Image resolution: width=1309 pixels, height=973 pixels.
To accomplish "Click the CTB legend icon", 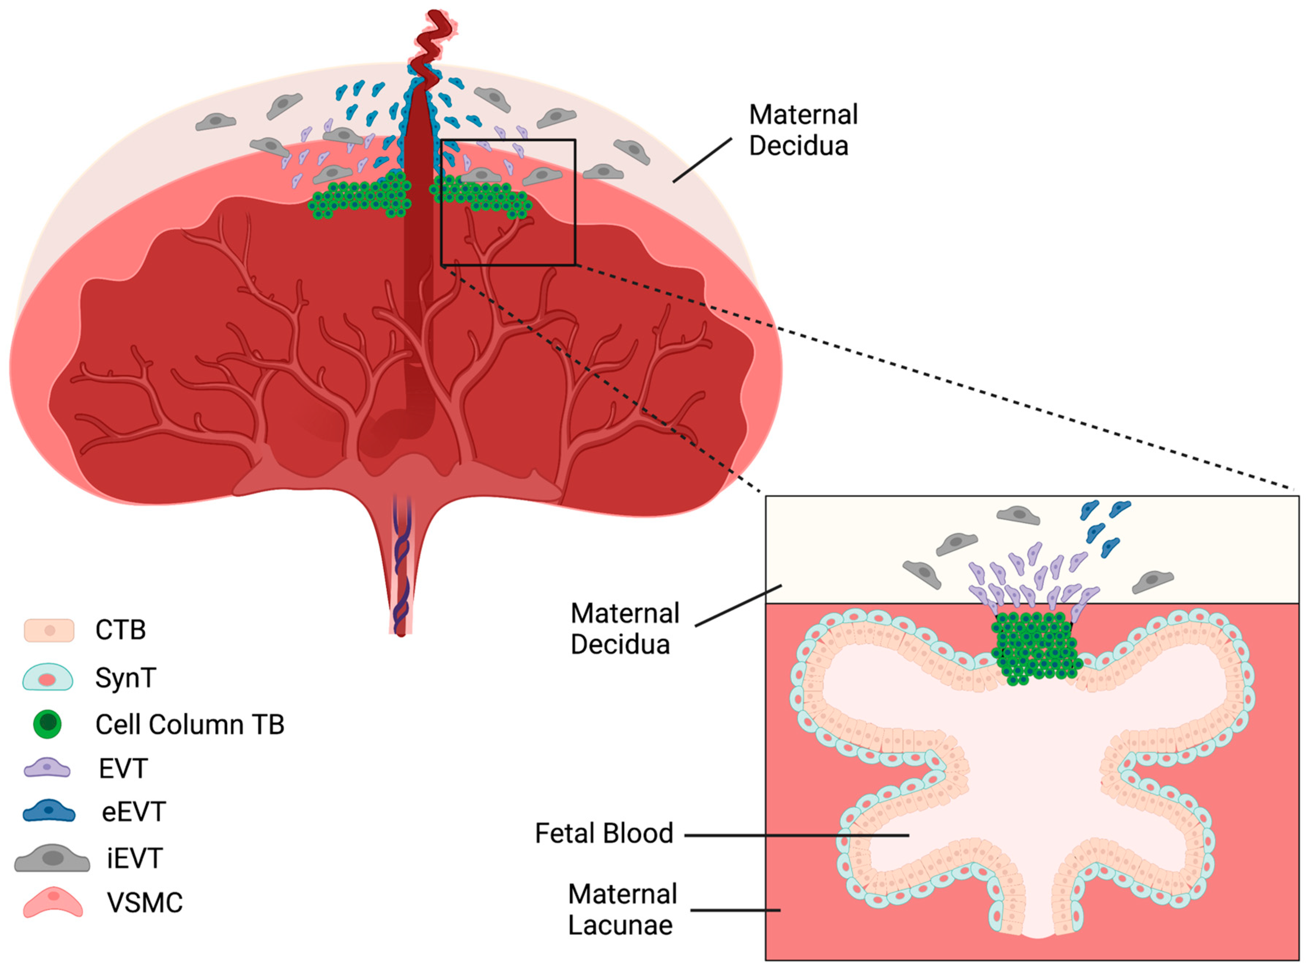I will click(49, 630).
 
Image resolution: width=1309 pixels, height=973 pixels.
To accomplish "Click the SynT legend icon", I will click(47, 678).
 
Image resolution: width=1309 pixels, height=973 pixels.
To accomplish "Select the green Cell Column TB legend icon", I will click(47, 724).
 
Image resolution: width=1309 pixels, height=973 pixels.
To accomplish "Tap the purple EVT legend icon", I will click(47, 769).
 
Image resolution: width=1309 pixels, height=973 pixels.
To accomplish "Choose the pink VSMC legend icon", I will click(52, 902).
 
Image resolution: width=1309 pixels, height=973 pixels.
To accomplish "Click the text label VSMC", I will click(145, 902).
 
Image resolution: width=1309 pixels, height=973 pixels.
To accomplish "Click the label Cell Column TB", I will click(189, 725).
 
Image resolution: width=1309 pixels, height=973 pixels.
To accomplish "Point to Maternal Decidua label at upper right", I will click(803, 130).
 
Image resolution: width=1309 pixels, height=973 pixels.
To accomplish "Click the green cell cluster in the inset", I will click(1036, 648).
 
